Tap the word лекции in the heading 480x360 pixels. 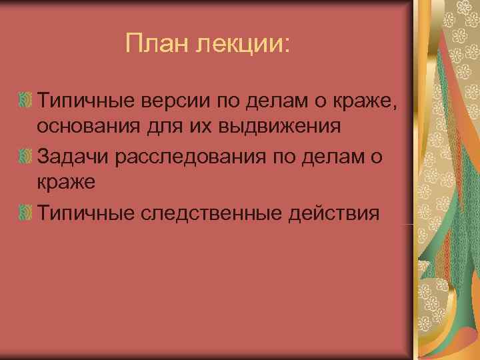(241, 45)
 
